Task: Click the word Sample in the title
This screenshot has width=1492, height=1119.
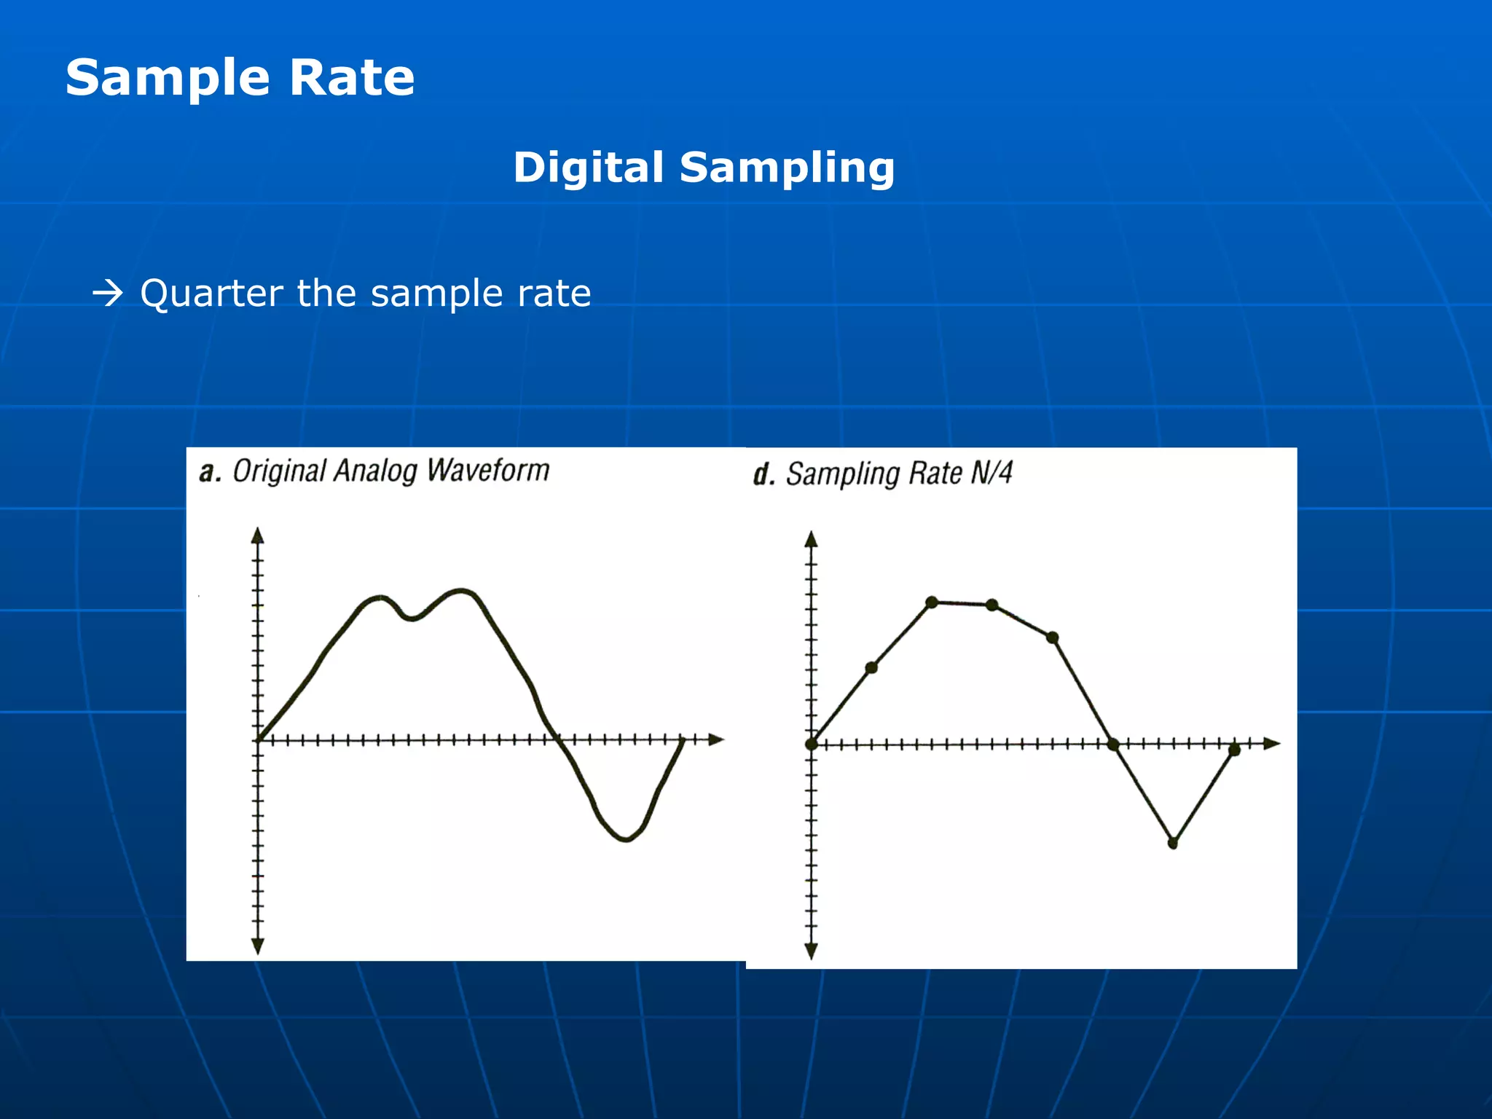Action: pyautogui.click(x=168, y=78)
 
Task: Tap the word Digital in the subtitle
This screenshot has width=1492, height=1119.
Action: pyautogui.click(x=588, y=168)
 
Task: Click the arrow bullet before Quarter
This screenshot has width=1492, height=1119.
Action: pyautogui.click(x=108, y=294)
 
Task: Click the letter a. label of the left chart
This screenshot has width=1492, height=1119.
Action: pyautogui.click(x=210, y=473)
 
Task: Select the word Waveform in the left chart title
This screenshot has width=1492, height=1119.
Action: pyautogui.click(x=487, y=471)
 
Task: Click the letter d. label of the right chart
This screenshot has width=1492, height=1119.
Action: pyautogui.click(x=763, y=475)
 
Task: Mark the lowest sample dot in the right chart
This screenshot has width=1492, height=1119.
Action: pyautogui.click(x=1173, y=844)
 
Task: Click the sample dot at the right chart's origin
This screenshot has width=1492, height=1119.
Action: pyautogui.click(x=812, y=744)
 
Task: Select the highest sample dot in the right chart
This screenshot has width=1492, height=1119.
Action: pyautogui.click(x=932, y=602)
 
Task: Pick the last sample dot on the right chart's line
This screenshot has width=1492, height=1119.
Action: pyautogui.click(x=1234, y=750)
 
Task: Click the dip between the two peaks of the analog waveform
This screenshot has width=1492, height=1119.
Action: pyautogui.click(x=412, y=619)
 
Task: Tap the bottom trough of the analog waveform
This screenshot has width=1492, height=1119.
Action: pyautogui.click(x=627, y=839)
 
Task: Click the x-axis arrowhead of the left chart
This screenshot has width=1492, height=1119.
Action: pyautogui.click(x=717, y=739)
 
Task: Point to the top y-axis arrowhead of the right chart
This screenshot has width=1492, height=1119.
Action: pyautogui.click(x=812, y=539)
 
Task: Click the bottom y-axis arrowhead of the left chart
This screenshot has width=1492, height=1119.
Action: pyautogui.click(x=257, y=946)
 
